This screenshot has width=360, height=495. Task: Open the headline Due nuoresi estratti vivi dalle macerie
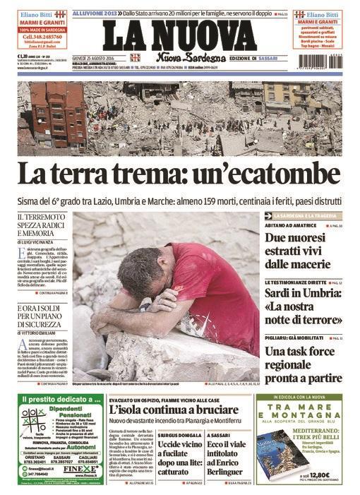click(299, 251)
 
